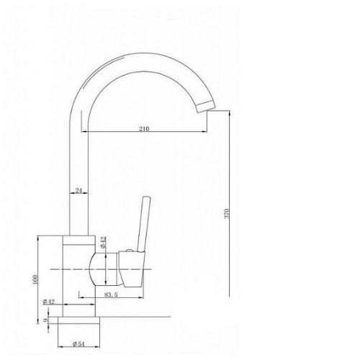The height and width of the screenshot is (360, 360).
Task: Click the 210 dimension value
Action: (144, 129)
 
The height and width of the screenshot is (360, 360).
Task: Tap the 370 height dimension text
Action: (227, 213)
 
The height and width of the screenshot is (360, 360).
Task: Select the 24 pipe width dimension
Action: (78, 191)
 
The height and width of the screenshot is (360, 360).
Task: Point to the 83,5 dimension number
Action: (111, 294)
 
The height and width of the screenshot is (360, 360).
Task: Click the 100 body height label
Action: (35, 279)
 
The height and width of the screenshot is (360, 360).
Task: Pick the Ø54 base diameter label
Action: (78, 344)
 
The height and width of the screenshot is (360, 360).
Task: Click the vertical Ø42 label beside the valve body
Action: (103, 242)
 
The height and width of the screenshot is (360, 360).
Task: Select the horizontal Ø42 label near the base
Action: (49, 302)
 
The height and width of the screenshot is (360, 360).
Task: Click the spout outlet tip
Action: (206, 107)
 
